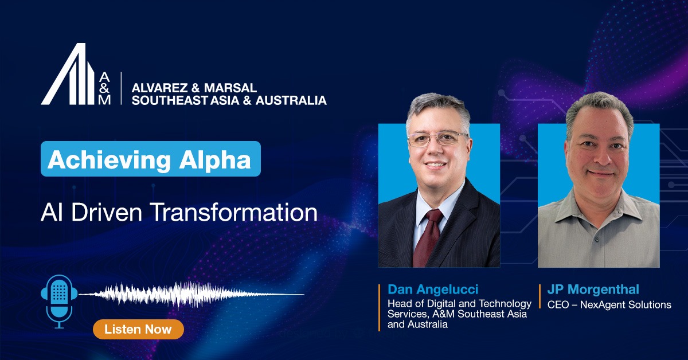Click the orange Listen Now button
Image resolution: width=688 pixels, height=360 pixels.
tap(138, 329)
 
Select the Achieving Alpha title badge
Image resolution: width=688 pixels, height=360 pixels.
tap(150, 159)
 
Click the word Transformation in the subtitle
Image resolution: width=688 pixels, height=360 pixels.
tap(234, 213)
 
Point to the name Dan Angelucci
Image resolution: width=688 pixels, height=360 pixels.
tap(433, 289)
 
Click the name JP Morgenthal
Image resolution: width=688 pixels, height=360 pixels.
tap(593, 289)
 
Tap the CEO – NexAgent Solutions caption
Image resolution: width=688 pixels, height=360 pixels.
tap(609, 305)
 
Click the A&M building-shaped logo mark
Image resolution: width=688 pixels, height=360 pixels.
tap(68, 74)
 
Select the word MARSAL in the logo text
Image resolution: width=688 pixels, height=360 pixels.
tap(230, 88)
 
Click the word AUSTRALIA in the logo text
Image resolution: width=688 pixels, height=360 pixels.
tap(291, 100)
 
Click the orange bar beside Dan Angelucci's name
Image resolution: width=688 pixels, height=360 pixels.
tap(380, 307)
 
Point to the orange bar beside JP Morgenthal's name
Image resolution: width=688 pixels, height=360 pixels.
tap(540, 296)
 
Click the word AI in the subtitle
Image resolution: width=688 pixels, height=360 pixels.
tap(50, 213)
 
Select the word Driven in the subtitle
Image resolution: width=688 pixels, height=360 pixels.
tap(107, 213)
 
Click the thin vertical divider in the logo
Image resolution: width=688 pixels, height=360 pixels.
tap(121, 88)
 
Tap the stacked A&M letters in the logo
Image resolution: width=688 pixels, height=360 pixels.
tap(104, 88)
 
